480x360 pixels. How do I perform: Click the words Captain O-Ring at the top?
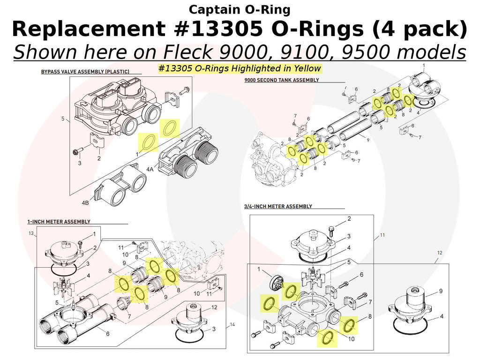[240, 9]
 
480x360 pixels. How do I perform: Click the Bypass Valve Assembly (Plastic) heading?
[85, 72]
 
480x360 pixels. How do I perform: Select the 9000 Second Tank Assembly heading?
[281, 80]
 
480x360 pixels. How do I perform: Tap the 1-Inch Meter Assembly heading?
[59, 221]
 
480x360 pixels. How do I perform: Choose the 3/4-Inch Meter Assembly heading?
[278, 206]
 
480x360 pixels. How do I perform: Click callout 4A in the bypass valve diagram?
[150, 169]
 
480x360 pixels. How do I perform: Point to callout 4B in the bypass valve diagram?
[85, 203]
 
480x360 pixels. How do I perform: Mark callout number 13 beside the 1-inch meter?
[31, 233]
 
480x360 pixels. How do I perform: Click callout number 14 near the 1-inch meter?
[232, 324]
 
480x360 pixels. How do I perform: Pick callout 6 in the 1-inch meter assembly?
[108, 334]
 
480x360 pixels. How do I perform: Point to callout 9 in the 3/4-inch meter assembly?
[441, 291]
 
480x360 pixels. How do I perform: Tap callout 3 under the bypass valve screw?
[79, 163]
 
